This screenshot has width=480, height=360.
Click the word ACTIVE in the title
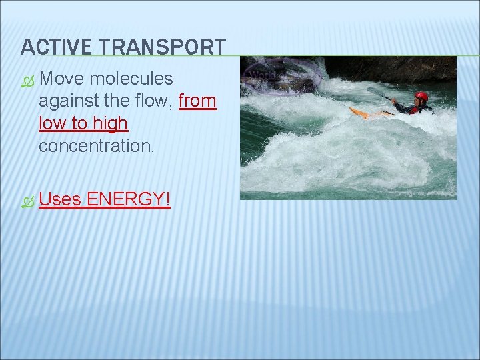[56, 47]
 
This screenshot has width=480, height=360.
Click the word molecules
[131, 79]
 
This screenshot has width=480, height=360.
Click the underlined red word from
[197, 101]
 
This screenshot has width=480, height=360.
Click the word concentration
[96, 146]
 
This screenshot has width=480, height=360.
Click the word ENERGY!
[128, 199]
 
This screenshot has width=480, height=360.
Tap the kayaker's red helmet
[421, 97]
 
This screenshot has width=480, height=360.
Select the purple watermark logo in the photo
[280, 75]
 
